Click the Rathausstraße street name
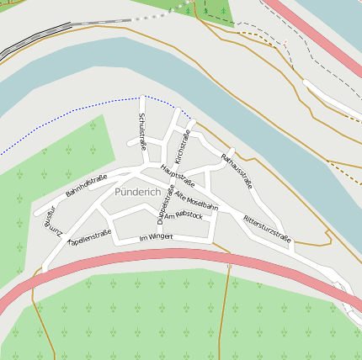pyautogui.click(x=237, y=171)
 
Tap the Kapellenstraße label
pyautogui.click(x=89, y=238)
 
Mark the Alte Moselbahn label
pyautogui.click(x=196, y=200)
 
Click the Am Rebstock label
pyautogui.click(x=184, y=216)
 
